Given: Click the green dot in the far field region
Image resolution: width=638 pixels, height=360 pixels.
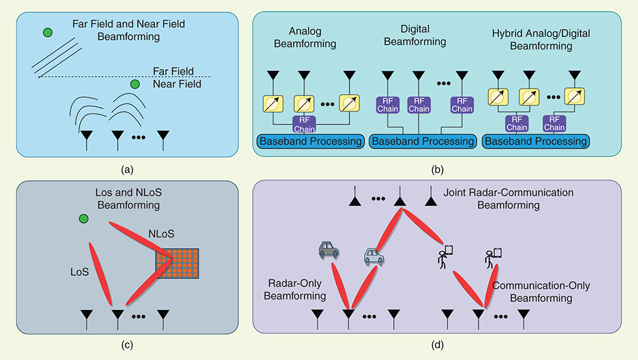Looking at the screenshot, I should pyautogui.click(x=48, y=33).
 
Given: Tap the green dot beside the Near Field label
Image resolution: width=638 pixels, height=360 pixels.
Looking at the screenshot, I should pyautogui.click(x=135, y=85).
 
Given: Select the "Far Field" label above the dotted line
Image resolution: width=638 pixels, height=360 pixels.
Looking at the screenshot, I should pyautogui.click(x=173, y=71).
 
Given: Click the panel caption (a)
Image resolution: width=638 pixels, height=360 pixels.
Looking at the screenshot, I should pyautogui.click(x=128, y=171).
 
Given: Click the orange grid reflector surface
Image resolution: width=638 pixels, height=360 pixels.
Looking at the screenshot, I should pyautogui.click(x=176, y=264).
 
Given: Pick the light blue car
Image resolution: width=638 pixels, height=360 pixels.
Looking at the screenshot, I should pyautogui.click(x=373, y=256).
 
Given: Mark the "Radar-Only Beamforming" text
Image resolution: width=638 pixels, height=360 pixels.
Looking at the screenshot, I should pyautogui.click(x=297, y=290).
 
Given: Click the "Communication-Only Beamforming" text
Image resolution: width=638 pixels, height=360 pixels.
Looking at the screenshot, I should pyautogui.click(x=533, y=292).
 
